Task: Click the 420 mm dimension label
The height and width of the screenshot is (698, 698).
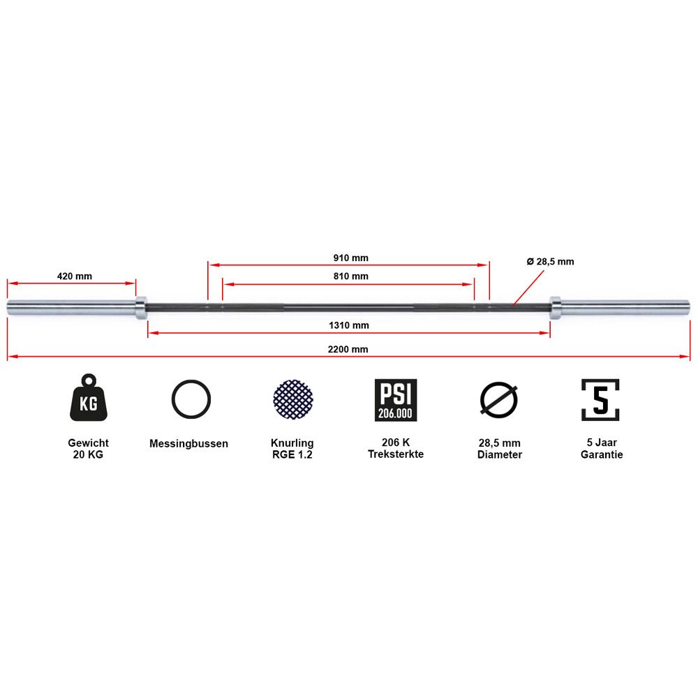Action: [x=75, y=276]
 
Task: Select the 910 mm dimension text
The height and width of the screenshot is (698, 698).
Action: [x=351, y=258]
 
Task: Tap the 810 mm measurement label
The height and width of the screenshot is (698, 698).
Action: [x=351, y=276]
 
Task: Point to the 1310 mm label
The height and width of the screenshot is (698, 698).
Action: [x=348, y=325]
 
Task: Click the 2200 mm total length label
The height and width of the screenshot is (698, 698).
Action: [x=348, y=350]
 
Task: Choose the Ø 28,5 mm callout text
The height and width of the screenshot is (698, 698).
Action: [x=550, y=262]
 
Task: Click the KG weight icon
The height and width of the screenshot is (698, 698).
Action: [x=89, y=398]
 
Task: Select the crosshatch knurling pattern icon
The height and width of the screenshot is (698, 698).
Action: [x=293, y=399]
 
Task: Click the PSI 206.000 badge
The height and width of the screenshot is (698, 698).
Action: [x=396, y=400]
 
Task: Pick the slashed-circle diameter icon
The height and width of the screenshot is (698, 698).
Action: [x=498, y=399]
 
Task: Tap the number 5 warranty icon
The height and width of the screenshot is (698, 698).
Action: [x=600, y=399]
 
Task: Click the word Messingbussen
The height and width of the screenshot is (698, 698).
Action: [x=188, y=443]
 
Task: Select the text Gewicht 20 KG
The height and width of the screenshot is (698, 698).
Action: [x=88, y=449]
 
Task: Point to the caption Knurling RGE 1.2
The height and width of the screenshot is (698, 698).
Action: [x=292, y=449]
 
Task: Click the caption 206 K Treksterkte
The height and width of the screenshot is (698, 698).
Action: [x=396, y=448]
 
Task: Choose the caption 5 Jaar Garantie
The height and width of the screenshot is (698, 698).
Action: [x=602, y=448]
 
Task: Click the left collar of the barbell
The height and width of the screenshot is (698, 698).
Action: [x=141, y=308]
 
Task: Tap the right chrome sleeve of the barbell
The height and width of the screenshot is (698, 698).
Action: [x=625, y=308]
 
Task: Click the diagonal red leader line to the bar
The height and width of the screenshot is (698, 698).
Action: [x=528, y=288]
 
